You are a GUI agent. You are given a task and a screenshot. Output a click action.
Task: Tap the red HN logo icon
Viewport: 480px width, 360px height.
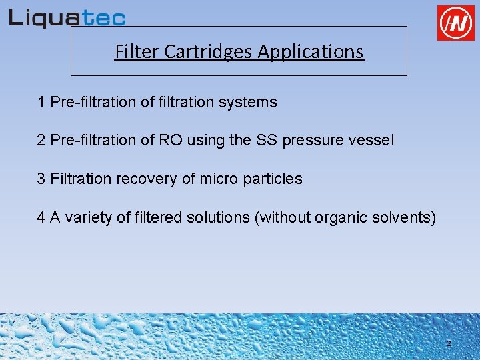455,23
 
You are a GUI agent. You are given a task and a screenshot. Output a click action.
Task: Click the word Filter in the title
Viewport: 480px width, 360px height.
133,51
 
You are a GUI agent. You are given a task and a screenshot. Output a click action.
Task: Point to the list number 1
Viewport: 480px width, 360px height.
41,103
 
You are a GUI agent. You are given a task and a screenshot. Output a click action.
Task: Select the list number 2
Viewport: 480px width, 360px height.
41,141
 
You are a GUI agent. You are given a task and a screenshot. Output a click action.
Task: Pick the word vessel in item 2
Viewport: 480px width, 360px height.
373,141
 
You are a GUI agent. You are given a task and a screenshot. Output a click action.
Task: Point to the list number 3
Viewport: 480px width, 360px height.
41,179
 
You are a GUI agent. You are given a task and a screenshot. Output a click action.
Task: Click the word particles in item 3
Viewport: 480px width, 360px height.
276,179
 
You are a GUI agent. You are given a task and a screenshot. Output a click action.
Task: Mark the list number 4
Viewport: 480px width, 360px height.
41,217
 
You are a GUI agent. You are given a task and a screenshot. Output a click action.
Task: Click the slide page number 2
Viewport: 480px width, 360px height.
449,344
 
